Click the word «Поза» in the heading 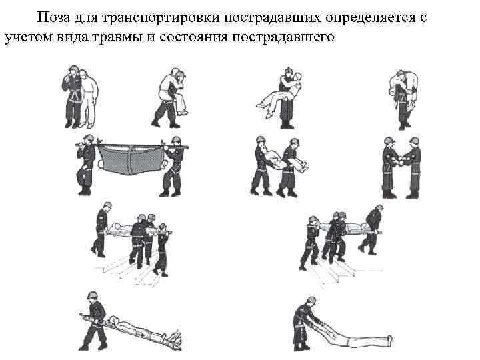point(54,17)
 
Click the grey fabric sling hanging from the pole point(131,159)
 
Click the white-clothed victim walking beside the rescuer point(88,98)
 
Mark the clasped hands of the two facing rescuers point(401,161)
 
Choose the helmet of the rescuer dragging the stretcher point(92,295)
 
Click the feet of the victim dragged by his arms point(389,340)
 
